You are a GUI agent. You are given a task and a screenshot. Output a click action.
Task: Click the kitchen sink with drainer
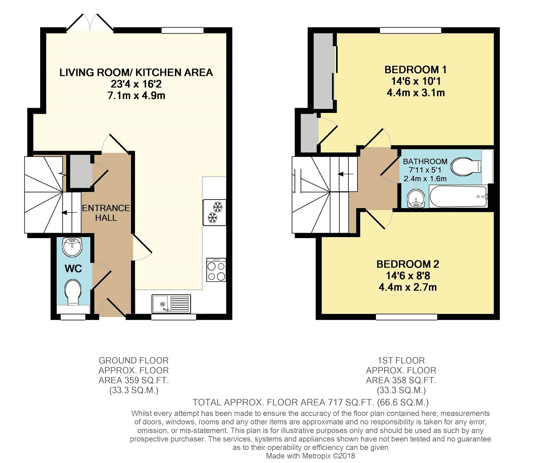(171, 304)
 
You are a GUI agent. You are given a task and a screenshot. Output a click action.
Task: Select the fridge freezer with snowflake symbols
(214, 212)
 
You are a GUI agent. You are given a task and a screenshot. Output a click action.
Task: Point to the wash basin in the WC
(72, 247)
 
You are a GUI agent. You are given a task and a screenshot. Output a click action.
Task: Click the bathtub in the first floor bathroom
(458, 197)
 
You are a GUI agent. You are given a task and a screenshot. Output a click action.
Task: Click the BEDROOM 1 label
(415, 70)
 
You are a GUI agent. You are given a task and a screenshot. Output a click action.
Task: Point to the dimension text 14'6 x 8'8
(408, 276)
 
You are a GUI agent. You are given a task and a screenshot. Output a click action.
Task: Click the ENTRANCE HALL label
(106, 213)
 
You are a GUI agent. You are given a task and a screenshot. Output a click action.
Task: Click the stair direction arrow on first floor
(345, 174)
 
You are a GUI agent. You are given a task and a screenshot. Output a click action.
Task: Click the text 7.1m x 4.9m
(136, 96)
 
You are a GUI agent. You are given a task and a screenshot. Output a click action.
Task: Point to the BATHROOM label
(425, 161)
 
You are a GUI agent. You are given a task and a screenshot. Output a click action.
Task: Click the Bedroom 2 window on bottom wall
(406, 317)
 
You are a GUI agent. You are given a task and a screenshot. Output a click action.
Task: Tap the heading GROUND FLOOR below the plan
(133, 361)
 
